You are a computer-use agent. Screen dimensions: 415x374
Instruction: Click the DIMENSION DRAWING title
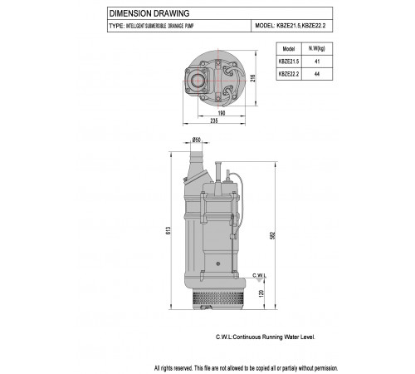[149, 13]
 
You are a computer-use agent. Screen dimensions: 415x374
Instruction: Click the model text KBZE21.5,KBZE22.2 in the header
[301, 26]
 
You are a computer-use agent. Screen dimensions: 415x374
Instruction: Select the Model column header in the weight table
[289, 49]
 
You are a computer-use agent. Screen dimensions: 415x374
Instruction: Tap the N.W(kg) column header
[317, 49]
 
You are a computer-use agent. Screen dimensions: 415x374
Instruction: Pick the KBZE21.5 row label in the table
[289, 62]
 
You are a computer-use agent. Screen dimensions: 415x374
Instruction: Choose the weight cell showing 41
[317, 62]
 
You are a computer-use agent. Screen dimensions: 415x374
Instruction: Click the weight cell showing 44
[317, 74]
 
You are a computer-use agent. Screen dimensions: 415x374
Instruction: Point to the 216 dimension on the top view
[253, 78]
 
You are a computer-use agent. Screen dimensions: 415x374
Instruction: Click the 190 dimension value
[222, 113]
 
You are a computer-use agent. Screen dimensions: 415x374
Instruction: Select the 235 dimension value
[214, 121]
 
